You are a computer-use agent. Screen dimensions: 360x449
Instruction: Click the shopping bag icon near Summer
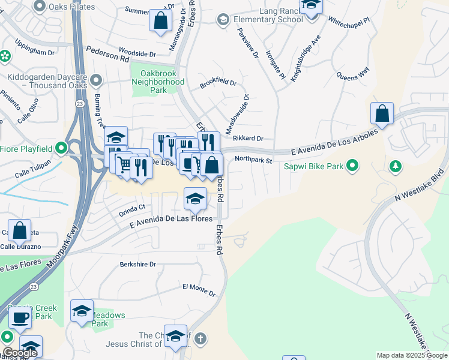[160, 20]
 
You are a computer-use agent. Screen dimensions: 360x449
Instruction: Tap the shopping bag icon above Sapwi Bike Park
[382, 113]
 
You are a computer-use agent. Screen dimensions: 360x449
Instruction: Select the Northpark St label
[253, 160]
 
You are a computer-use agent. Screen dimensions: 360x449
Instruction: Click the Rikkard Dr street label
[248, 139]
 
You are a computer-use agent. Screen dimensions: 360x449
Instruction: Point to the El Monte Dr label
[199, 290]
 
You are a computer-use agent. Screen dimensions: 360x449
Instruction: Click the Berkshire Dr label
[137, 264]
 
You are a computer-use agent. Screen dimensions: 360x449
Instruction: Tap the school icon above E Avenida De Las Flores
[195, 199]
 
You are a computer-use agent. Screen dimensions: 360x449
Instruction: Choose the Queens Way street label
[352, 76]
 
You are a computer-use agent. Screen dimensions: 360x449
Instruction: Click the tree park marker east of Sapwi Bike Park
[395, 164]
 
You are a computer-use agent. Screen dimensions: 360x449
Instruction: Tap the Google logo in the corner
[20, 353]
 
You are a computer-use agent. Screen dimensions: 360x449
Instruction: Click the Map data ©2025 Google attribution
[411, 355]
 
